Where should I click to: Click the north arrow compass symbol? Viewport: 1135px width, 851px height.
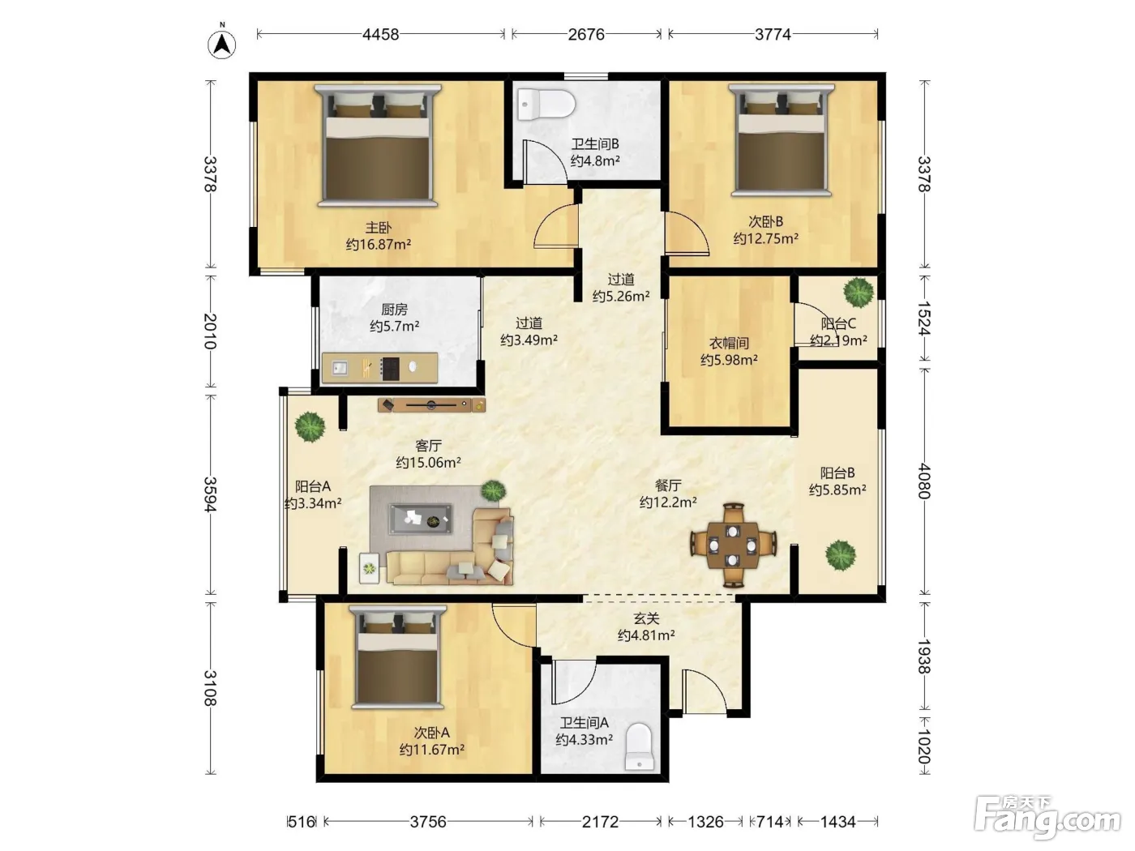222,44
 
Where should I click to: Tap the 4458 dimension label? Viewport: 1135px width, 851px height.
380,35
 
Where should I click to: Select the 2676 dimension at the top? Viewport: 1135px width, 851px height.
586,35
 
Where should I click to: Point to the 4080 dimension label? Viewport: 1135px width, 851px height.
924,481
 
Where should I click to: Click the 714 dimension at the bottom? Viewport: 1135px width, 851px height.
770,822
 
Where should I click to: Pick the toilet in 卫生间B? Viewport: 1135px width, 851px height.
546,104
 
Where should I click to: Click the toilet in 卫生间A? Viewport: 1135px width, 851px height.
640,746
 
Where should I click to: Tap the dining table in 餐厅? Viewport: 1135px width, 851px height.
733,545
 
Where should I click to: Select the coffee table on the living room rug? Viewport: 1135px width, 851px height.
421,519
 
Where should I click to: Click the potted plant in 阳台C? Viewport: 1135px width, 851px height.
859,292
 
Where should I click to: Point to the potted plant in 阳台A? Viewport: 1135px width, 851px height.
310,426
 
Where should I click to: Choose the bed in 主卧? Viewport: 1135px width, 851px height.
378,146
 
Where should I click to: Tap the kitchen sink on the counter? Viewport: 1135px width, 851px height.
340,369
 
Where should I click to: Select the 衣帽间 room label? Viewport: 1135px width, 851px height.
729,343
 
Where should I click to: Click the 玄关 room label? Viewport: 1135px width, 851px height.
646,618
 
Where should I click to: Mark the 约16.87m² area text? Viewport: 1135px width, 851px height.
379,244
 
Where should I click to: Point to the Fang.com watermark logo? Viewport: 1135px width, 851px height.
1047,818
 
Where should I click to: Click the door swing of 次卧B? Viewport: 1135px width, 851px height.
687,233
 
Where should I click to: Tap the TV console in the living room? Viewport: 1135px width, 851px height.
432,405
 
